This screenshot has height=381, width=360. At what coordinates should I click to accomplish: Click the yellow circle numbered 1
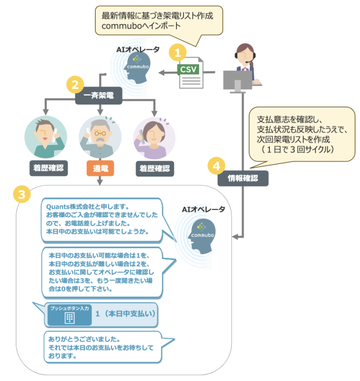pos(178,53)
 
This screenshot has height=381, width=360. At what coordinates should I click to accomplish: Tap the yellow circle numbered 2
pos(73,85)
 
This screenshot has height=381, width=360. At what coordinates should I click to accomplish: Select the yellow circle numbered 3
pos(21,194)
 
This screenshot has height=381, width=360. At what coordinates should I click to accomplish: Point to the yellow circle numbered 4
pos(217,166)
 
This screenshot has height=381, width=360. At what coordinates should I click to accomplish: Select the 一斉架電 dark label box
pos(98,96)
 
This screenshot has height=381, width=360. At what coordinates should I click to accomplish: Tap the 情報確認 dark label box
pos(242,178)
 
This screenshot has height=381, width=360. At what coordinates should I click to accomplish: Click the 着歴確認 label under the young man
pos(46,167)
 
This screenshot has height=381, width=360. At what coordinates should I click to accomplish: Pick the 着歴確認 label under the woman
pos(154,167)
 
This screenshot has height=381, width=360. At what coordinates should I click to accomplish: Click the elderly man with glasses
pos(100,137)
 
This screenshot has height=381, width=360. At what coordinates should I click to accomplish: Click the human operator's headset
pos(248,55)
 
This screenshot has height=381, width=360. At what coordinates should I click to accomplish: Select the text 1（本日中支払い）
pos(125,314)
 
